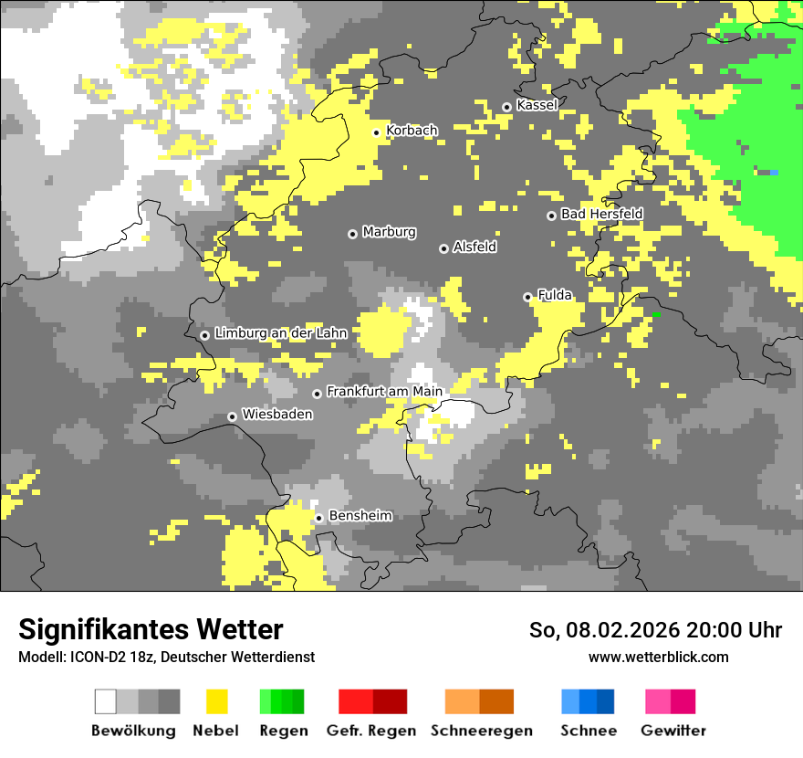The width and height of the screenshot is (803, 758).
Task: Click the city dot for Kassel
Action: click(x=507, y=107)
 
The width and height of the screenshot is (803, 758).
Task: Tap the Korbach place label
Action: click(x=412, y=131)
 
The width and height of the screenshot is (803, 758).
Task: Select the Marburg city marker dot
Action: click(x=352, y=234)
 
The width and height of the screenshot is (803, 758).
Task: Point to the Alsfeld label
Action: click(x=475, y=247)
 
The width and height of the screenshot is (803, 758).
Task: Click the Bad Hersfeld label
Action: click(x=601, y=214)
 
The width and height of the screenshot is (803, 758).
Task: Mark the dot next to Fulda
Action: click(x=527, y=297)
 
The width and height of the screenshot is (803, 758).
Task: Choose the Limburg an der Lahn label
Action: click(x=281, y=333)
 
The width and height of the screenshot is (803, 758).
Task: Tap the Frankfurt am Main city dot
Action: click(x=318, y=394)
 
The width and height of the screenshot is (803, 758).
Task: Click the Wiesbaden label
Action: click(x=277, y=414)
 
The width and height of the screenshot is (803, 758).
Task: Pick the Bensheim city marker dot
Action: click(x=318, y=519)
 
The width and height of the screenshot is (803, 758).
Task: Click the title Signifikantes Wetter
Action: click(x=151, y=629)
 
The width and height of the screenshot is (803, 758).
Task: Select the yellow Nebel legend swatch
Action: click(x=216, y=701)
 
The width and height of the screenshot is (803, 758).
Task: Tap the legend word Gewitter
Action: click(x=673, y=731)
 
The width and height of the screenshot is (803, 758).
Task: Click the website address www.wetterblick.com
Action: click(x=658, y=658)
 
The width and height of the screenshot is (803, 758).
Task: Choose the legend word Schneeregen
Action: click(x=482, y=731)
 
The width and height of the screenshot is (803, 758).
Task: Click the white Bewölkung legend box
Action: click(x=106, y=701)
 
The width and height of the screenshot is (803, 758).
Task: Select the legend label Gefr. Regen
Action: click(x=371, y=731)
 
